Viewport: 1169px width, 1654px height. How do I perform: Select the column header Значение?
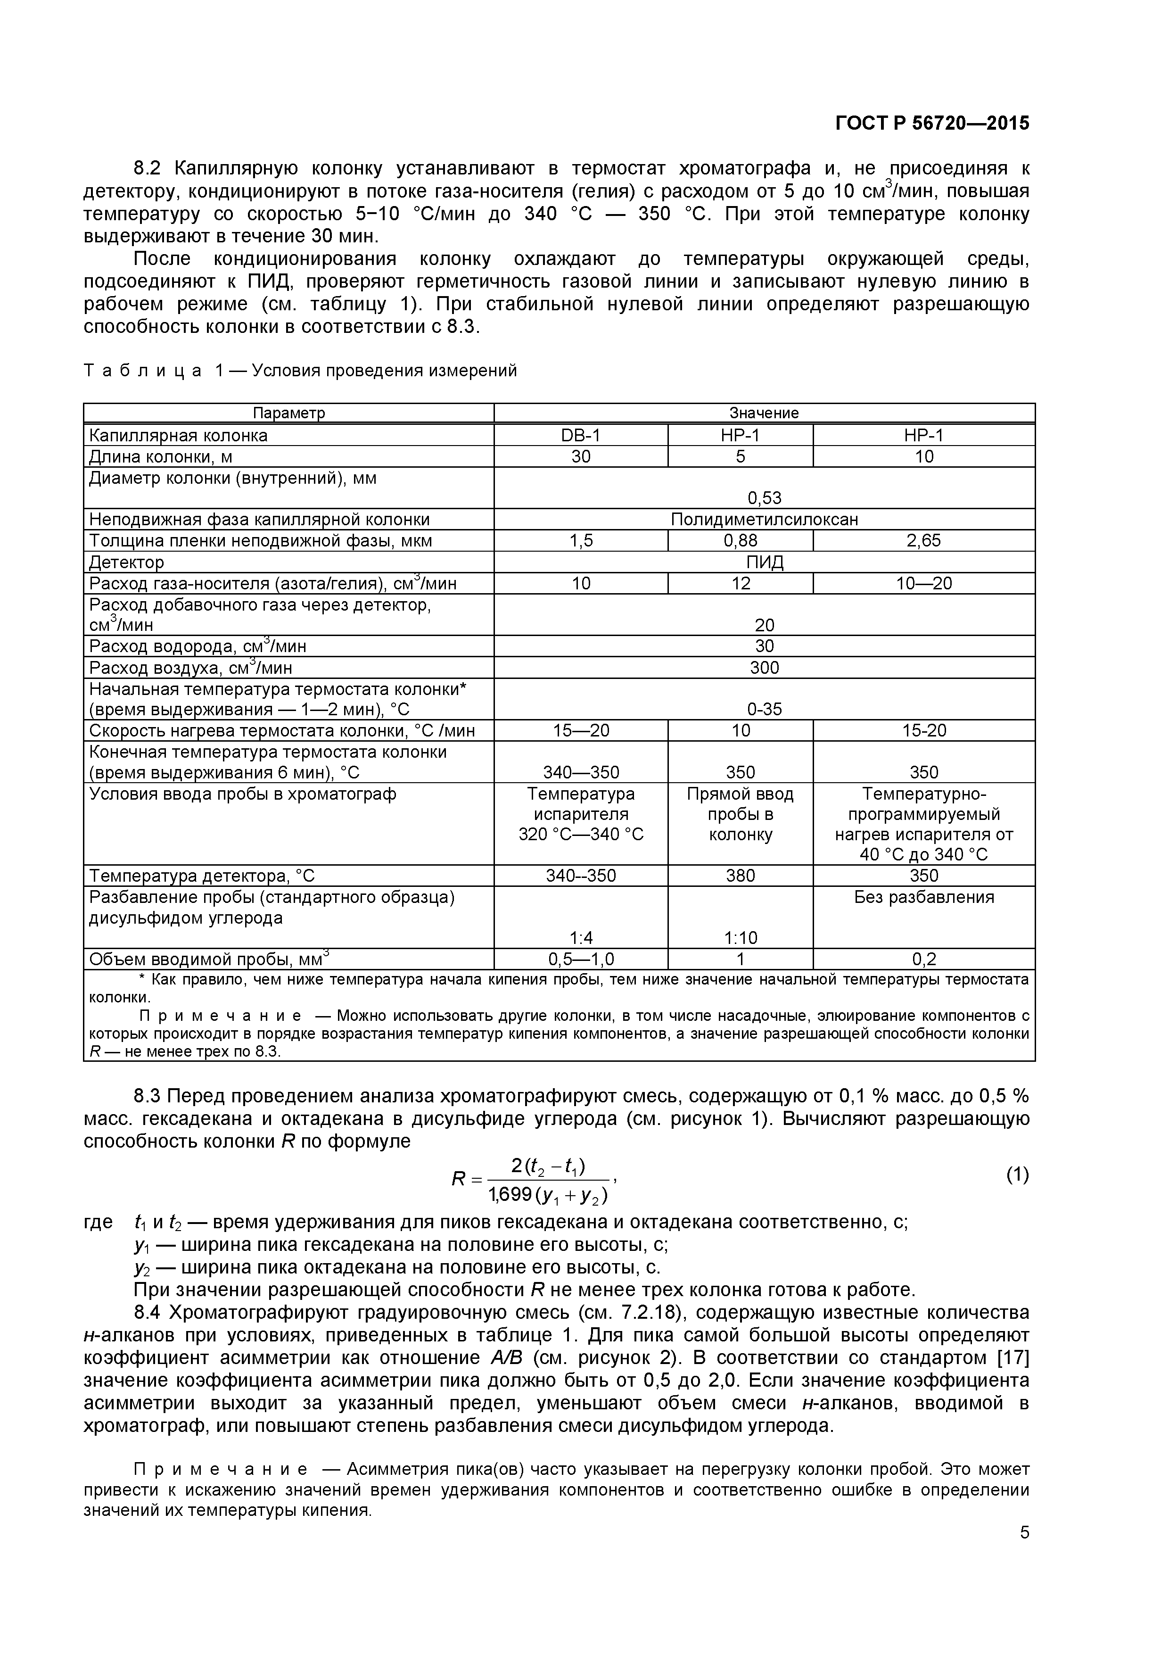point(764,413)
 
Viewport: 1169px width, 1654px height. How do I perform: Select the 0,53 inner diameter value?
point(764,498)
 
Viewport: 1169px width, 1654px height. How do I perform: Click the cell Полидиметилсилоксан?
point(764,520)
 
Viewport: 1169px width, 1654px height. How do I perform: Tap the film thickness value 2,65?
point(923,541)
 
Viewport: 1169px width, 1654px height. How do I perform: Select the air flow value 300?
point(764,668)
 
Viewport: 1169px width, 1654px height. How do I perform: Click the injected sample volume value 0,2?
point(923,959)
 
